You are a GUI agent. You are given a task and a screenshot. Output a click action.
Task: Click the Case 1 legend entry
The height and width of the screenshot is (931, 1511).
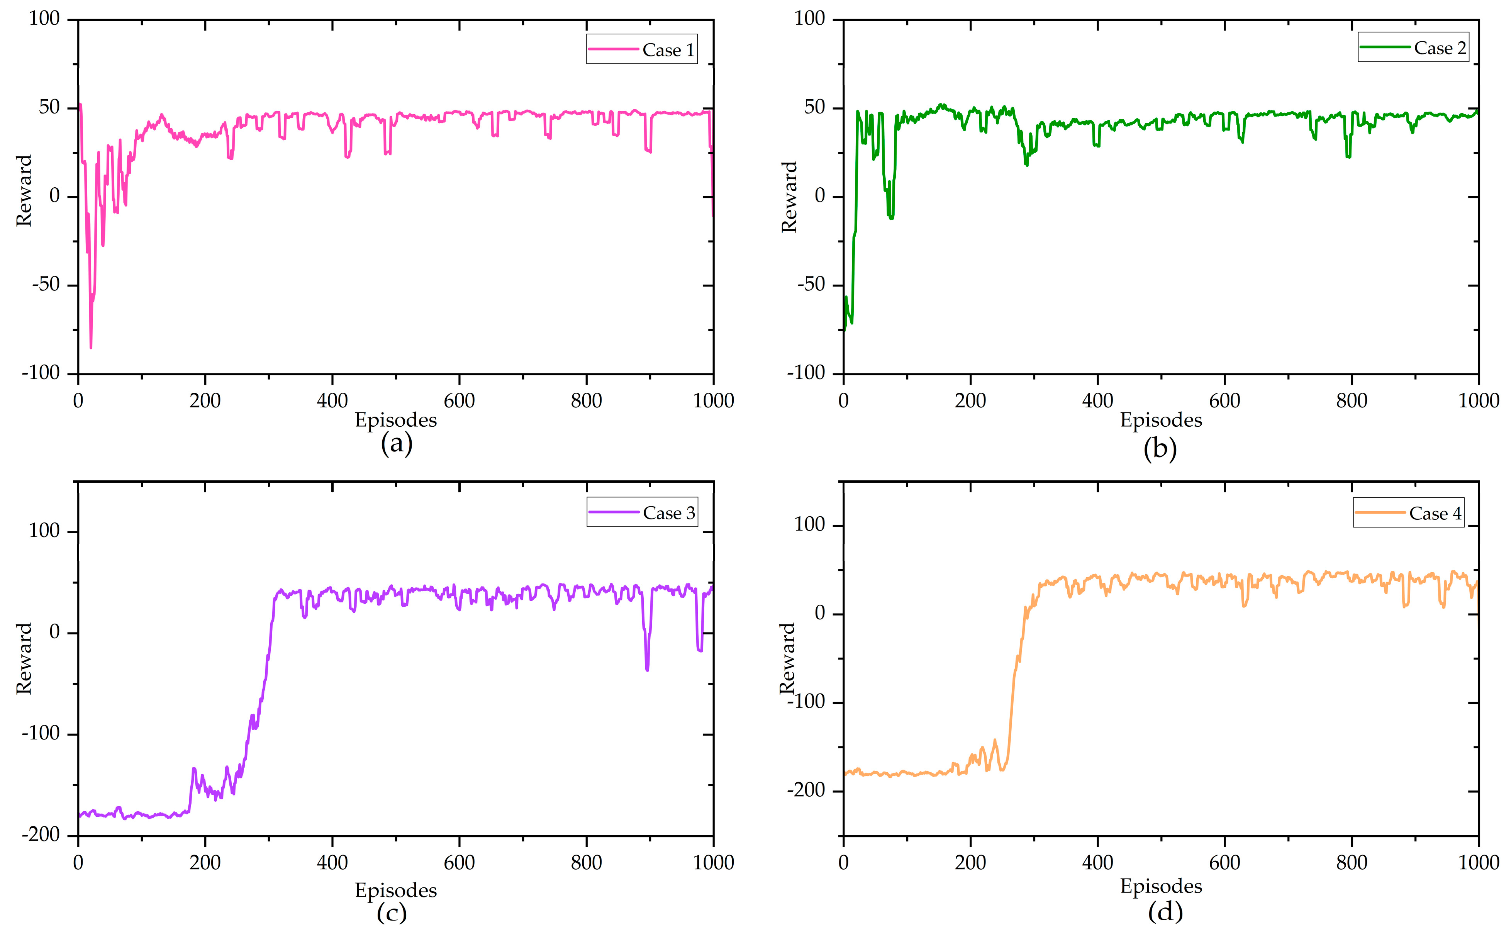pos(642,49)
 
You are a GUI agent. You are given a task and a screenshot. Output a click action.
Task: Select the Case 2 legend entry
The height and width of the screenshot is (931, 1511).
pos(1413,47)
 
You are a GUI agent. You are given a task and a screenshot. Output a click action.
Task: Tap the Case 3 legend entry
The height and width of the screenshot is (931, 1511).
pos(642,512)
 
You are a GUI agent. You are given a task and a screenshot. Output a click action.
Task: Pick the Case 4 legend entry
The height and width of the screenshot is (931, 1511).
pos(1408,513)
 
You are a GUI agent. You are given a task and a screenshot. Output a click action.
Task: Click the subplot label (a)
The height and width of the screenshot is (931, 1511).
pos(396,443)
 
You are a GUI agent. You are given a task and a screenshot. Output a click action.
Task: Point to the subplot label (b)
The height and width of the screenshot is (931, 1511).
pos(1160,448)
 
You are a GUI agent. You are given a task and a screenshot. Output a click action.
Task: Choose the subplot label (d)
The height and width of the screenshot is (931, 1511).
pos(1165,911)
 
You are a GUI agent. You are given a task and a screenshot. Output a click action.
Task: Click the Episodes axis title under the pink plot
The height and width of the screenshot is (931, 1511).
pos(396,420)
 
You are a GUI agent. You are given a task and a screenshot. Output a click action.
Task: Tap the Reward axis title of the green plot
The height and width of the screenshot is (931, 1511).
pos(789,197)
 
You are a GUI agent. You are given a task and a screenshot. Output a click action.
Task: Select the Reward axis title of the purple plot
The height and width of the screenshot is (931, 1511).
pos(24,658)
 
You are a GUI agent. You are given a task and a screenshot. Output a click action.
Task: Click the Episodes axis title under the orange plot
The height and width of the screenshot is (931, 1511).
pos(1161,886)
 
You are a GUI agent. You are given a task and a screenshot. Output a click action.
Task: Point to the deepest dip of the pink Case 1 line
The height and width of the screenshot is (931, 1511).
pos(91,347)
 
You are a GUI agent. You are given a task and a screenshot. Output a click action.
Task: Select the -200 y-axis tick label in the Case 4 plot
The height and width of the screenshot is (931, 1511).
pos(806,790)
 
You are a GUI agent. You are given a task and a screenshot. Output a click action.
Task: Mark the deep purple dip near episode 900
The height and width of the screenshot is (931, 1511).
pos(647,669)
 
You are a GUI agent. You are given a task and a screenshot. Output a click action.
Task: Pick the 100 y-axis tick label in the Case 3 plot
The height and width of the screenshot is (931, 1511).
pos(44,531)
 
